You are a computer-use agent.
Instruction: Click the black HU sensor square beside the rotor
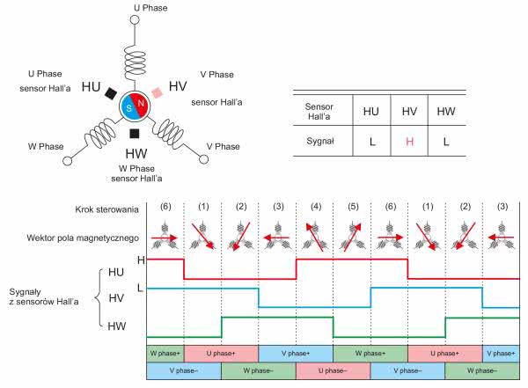[111, 92]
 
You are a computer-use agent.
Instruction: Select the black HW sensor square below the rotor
[134, 133]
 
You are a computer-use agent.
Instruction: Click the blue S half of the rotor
[128, 106]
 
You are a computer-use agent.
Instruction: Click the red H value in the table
[408, 140]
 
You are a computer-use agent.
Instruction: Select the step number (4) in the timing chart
[314, 209]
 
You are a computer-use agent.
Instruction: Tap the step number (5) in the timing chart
[352, 209]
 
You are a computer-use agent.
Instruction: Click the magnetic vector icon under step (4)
[314, 238]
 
